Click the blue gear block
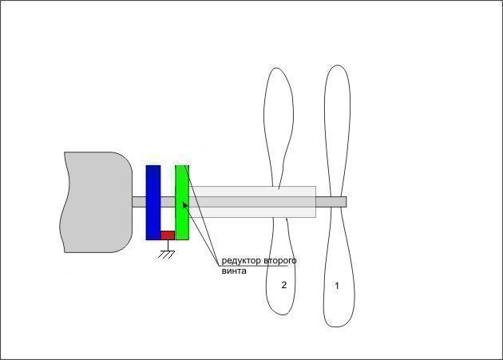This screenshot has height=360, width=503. pyautogui.click(x=153, y=203)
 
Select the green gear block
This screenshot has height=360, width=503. pyautogui.click(x=182, y=203)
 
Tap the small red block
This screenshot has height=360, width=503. pyautogui.click(x=168, y=235)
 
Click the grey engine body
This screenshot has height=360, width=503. pyautogui.click(x=97, y=202)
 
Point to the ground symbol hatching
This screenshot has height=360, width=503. pyautogui.click(x=167, y=255)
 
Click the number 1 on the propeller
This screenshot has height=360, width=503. pyautogui.click(x=337, y=285)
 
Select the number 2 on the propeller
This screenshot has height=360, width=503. pyautogui.click(x=283, y=285)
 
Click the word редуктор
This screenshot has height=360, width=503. pyautogui.click(x=241, y=260)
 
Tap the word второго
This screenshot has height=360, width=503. pyautogui.click(x=279, y=260)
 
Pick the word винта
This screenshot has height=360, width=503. pyautogui.click(x=234, y=271)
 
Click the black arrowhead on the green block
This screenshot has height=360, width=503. pyautogui.click(x=185, y=204)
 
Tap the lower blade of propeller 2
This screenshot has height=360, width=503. pyautogui.click(x=281, y=267)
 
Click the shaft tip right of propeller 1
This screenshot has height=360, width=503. pyautogui.click(x=345, y=202)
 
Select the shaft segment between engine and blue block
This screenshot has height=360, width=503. pyautogui.click(x=139, y=202)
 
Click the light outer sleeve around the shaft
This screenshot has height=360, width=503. pyautogui.click(x=252, y=202)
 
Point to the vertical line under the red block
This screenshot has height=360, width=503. pyautogui.click(x=168, y=246)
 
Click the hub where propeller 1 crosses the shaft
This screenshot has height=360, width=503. pyautogui.click(x=336, y=202)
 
